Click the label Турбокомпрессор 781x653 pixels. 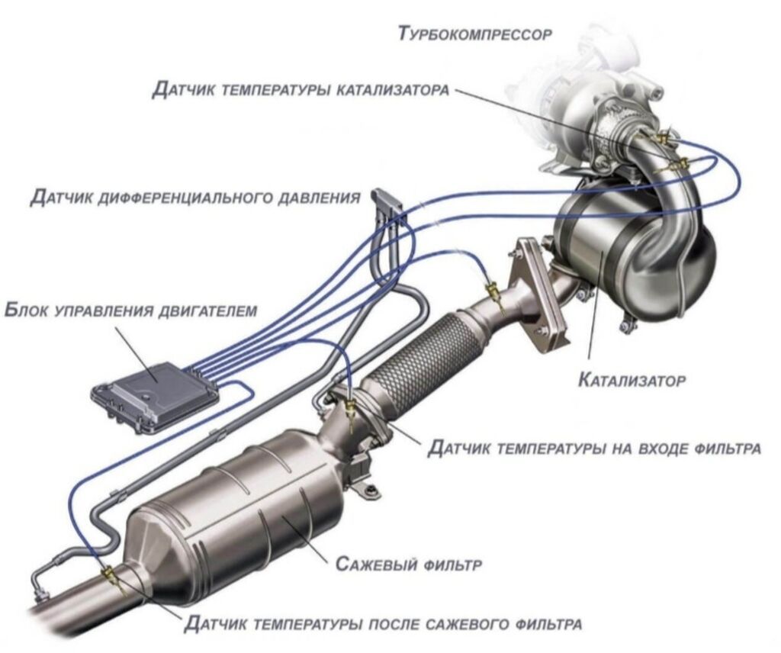(x=476, y=34)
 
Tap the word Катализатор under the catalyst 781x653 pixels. (x=632, y=381)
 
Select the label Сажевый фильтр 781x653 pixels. (x=410, y=565)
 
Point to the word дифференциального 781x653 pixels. (x=185, y=198)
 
